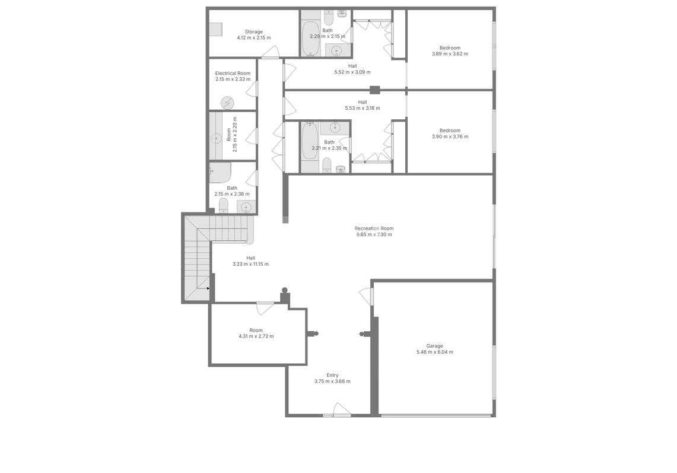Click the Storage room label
click(253, 32)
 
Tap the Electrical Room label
click(233, 74)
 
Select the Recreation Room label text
click(374, 228)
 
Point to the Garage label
click(434, 346)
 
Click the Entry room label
click(332, 376)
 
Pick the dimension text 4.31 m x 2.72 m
click(256, 336)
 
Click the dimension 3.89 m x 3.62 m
click(450, 54)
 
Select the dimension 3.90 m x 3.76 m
click(450, 136)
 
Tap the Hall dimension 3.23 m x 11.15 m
click(250, 264)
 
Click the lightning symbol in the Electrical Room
click(227, 103)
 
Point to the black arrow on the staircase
click(208, 288)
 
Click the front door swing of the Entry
click(342, 409)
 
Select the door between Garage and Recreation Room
click(366, 297)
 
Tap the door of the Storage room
click(271, 52)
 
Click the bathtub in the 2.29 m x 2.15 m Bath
click(310, 39)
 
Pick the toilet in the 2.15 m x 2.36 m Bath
click(223, 205)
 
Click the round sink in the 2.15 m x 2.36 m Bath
click(246, 207)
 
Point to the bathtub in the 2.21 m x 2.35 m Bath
click(310, 141)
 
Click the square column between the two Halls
click(375, 90)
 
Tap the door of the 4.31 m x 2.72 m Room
click(265, 309)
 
